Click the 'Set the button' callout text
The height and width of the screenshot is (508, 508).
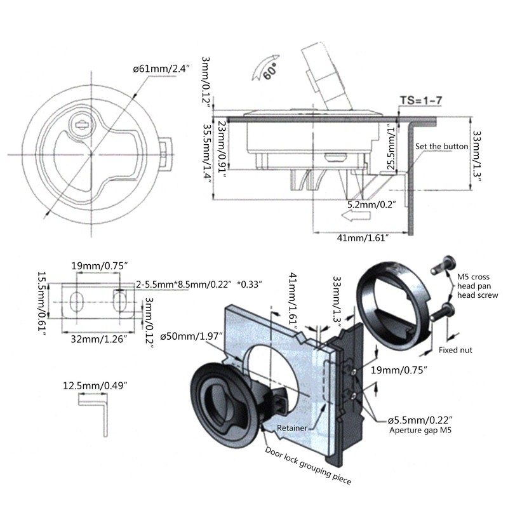tap(442, 147)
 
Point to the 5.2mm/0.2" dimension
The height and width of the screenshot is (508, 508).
tap(371, 204)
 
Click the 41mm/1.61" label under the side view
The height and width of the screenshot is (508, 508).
tap(363, 237)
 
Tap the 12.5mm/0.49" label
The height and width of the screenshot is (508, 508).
tap(96, 385)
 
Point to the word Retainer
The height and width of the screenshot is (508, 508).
tap(292, 428)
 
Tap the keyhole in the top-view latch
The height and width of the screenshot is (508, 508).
tap(81, 124)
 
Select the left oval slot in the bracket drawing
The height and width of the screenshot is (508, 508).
tap(76, 301)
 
